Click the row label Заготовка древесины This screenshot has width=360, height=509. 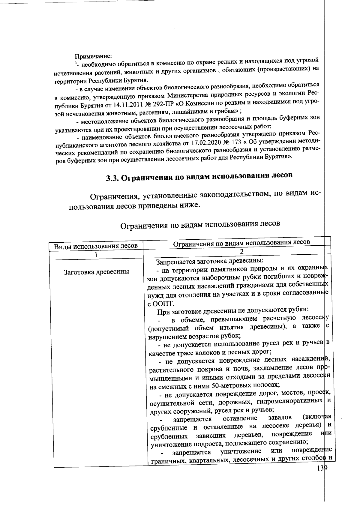pos(96,272)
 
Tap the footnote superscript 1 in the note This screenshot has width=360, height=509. pos(76,64)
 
